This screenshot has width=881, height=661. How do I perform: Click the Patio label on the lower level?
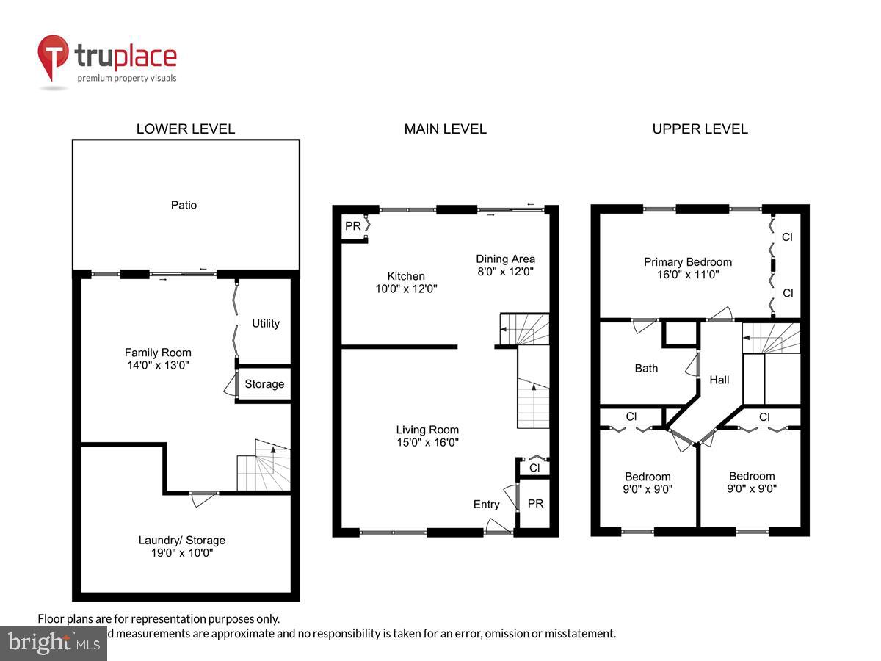(x=184, y=205)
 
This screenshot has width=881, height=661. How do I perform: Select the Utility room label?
(x=266, y=323)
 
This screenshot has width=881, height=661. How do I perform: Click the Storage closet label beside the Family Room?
(x=264, y=384)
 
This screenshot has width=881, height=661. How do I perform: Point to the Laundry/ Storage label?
(x=181, y=541)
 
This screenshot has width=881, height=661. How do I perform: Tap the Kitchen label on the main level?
(x=406, y=276)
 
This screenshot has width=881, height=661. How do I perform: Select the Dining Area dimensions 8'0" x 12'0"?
(x=505, y=271)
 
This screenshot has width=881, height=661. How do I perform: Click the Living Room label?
(x=427, y=430)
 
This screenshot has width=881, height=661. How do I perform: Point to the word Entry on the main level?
(x=486, y=504)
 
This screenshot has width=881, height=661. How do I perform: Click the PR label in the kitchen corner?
(x=352, y=226)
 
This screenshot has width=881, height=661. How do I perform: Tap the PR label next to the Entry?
(x=535, y=504)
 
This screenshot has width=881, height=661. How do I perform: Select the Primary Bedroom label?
(x=688, y=261)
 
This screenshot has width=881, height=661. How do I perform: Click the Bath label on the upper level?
(x=646, y=368)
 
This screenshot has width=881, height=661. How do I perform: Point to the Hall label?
(x=719, y=380)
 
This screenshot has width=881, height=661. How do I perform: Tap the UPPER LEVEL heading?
(x=700, y=129)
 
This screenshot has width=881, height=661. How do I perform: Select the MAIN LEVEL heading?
(x=445, y=129)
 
